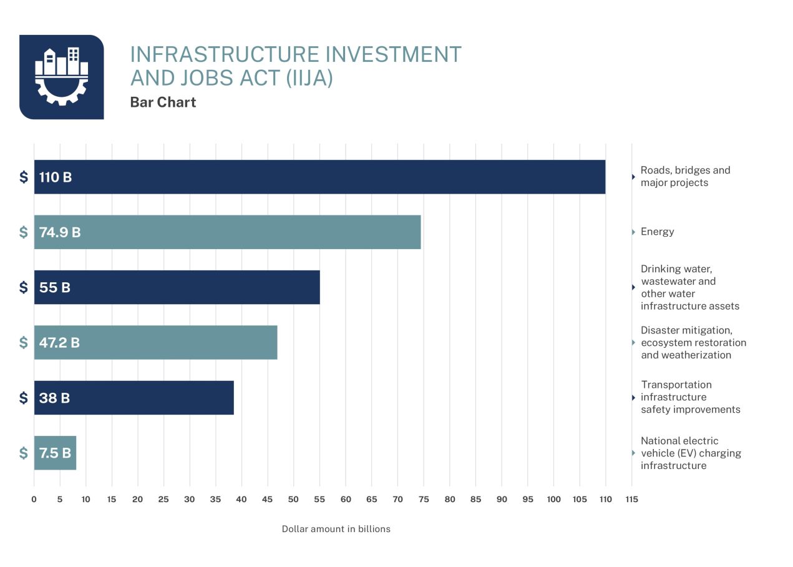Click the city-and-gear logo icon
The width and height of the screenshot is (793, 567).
(61, 77)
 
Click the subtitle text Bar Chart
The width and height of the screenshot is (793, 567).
(163, 102)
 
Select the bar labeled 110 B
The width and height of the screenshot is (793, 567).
(319, 177)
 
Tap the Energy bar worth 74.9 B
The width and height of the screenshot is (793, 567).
(227, 232)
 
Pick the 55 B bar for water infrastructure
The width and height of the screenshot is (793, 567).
(177, 287)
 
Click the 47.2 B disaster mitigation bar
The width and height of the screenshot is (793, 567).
(155, 342)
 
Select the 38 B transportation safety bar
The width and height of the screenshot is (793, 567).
(134, 397)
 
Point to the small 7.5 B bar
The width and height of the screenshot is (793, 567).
(55, 453)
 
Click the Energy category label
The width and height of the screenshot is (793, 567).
(657, 232)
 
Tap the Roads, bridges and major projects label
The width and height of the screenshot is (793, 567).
(684, 176)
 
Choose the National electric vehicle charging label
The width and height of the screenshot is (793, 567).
(690, 453)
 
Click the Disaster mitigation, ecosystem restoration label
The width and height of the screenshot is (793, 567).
(693, 342)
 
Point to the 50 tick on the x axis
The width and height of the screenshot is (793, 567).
(293, 499)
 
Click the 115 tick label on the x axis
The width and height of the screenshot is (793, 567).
(631, 499)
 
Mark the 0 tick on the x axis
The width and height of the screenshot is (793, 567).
(34, 499)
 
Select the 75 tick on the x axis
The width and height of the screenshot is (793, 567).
(424, 499)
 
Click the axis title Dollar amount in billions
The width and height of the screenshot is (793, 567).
(336, 529)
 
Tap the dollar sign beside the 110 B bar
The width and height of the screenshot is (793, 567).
(24, 177)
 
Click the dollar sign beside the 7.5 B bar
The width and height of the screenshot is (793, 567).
(24, 453)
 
